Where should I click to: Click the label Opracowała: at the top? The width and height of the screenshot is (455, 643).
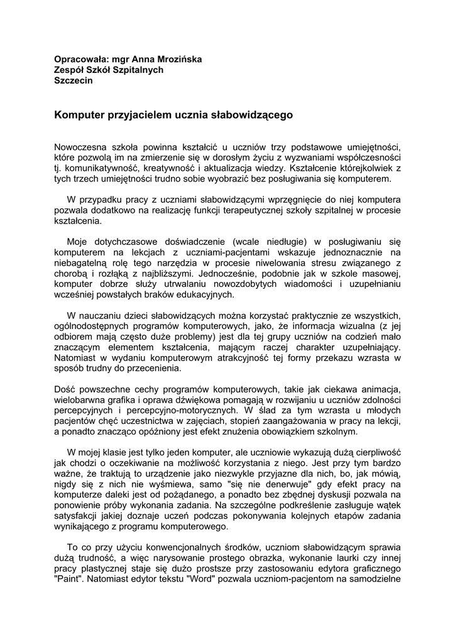click(79, 60)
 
